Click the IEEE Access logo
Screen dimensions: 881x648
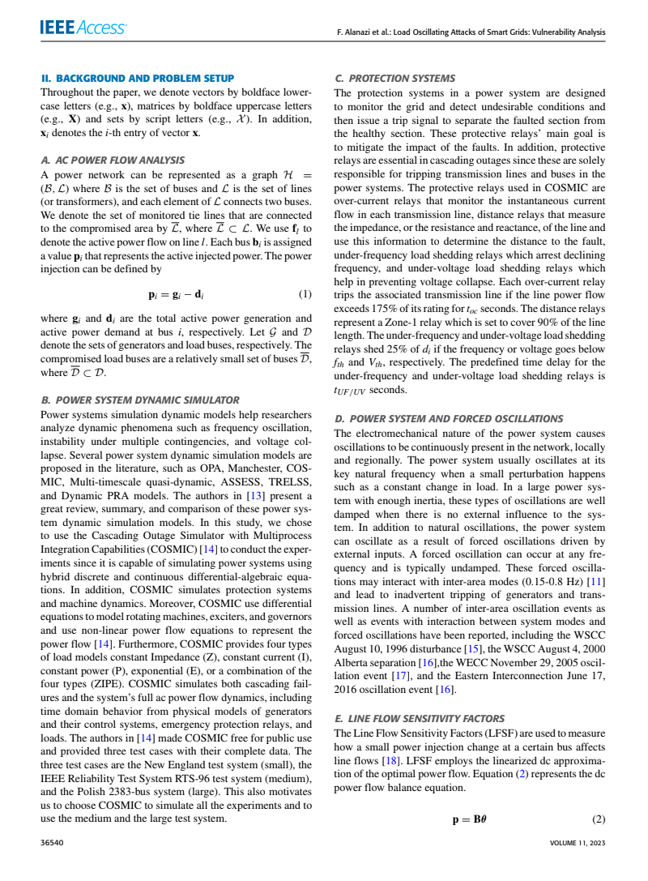coord(82,28)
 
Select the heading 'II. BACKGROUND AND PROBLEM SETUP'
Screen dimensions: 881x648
coord(138,79)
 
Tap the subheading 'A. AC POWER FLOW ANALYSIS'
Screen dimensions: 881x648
coord(113,160)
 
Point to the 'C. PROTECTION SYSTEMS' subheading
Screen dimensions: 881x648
coord(394,79)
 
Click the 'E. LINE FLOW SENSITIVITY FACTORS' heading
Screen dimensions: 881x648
coord(419,719)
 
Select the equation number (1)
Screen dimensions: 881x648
coord(305,294)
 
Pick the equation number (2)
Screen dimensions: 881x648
coord(599,819)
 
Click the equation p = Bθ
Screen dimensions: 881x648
coord(469,819)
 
